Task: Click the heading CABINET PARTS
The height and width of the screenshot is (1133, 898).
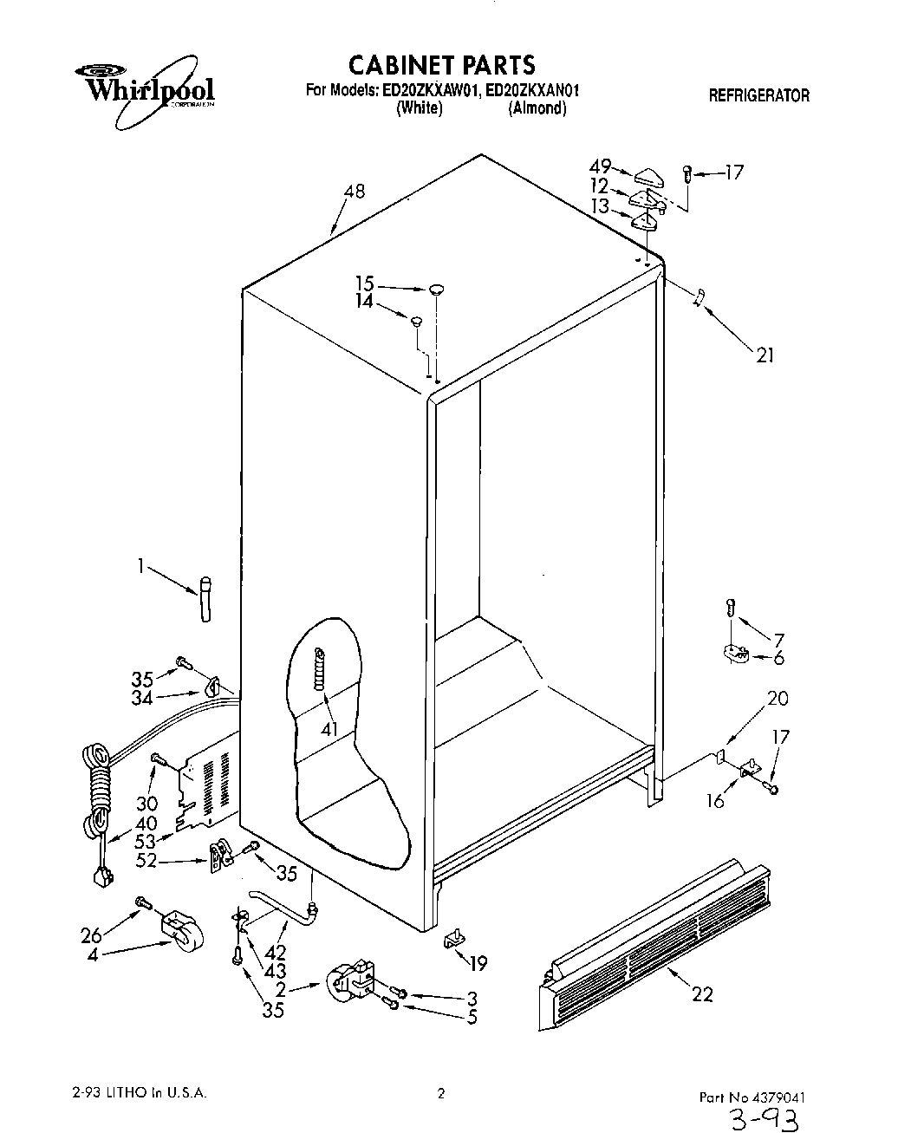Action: pos(441,64)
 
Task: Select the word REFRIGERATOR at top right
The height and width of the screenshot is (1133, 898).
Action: pos(758,96)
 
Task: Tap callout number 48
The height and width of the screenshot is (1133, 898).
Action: pos(354,192)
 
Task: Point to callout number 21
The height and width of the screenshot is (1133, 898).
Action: pos(765,355)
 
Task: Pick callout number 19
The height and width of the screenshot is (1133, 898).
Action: pos(477,962)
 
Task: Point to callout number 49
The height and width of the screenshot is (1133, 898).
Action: pos(600,166)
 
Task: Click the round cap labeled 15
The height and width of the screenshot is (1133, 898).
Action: pos(436,289)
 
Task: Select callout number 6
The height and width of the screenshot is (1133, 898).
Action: pos(778,658)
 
